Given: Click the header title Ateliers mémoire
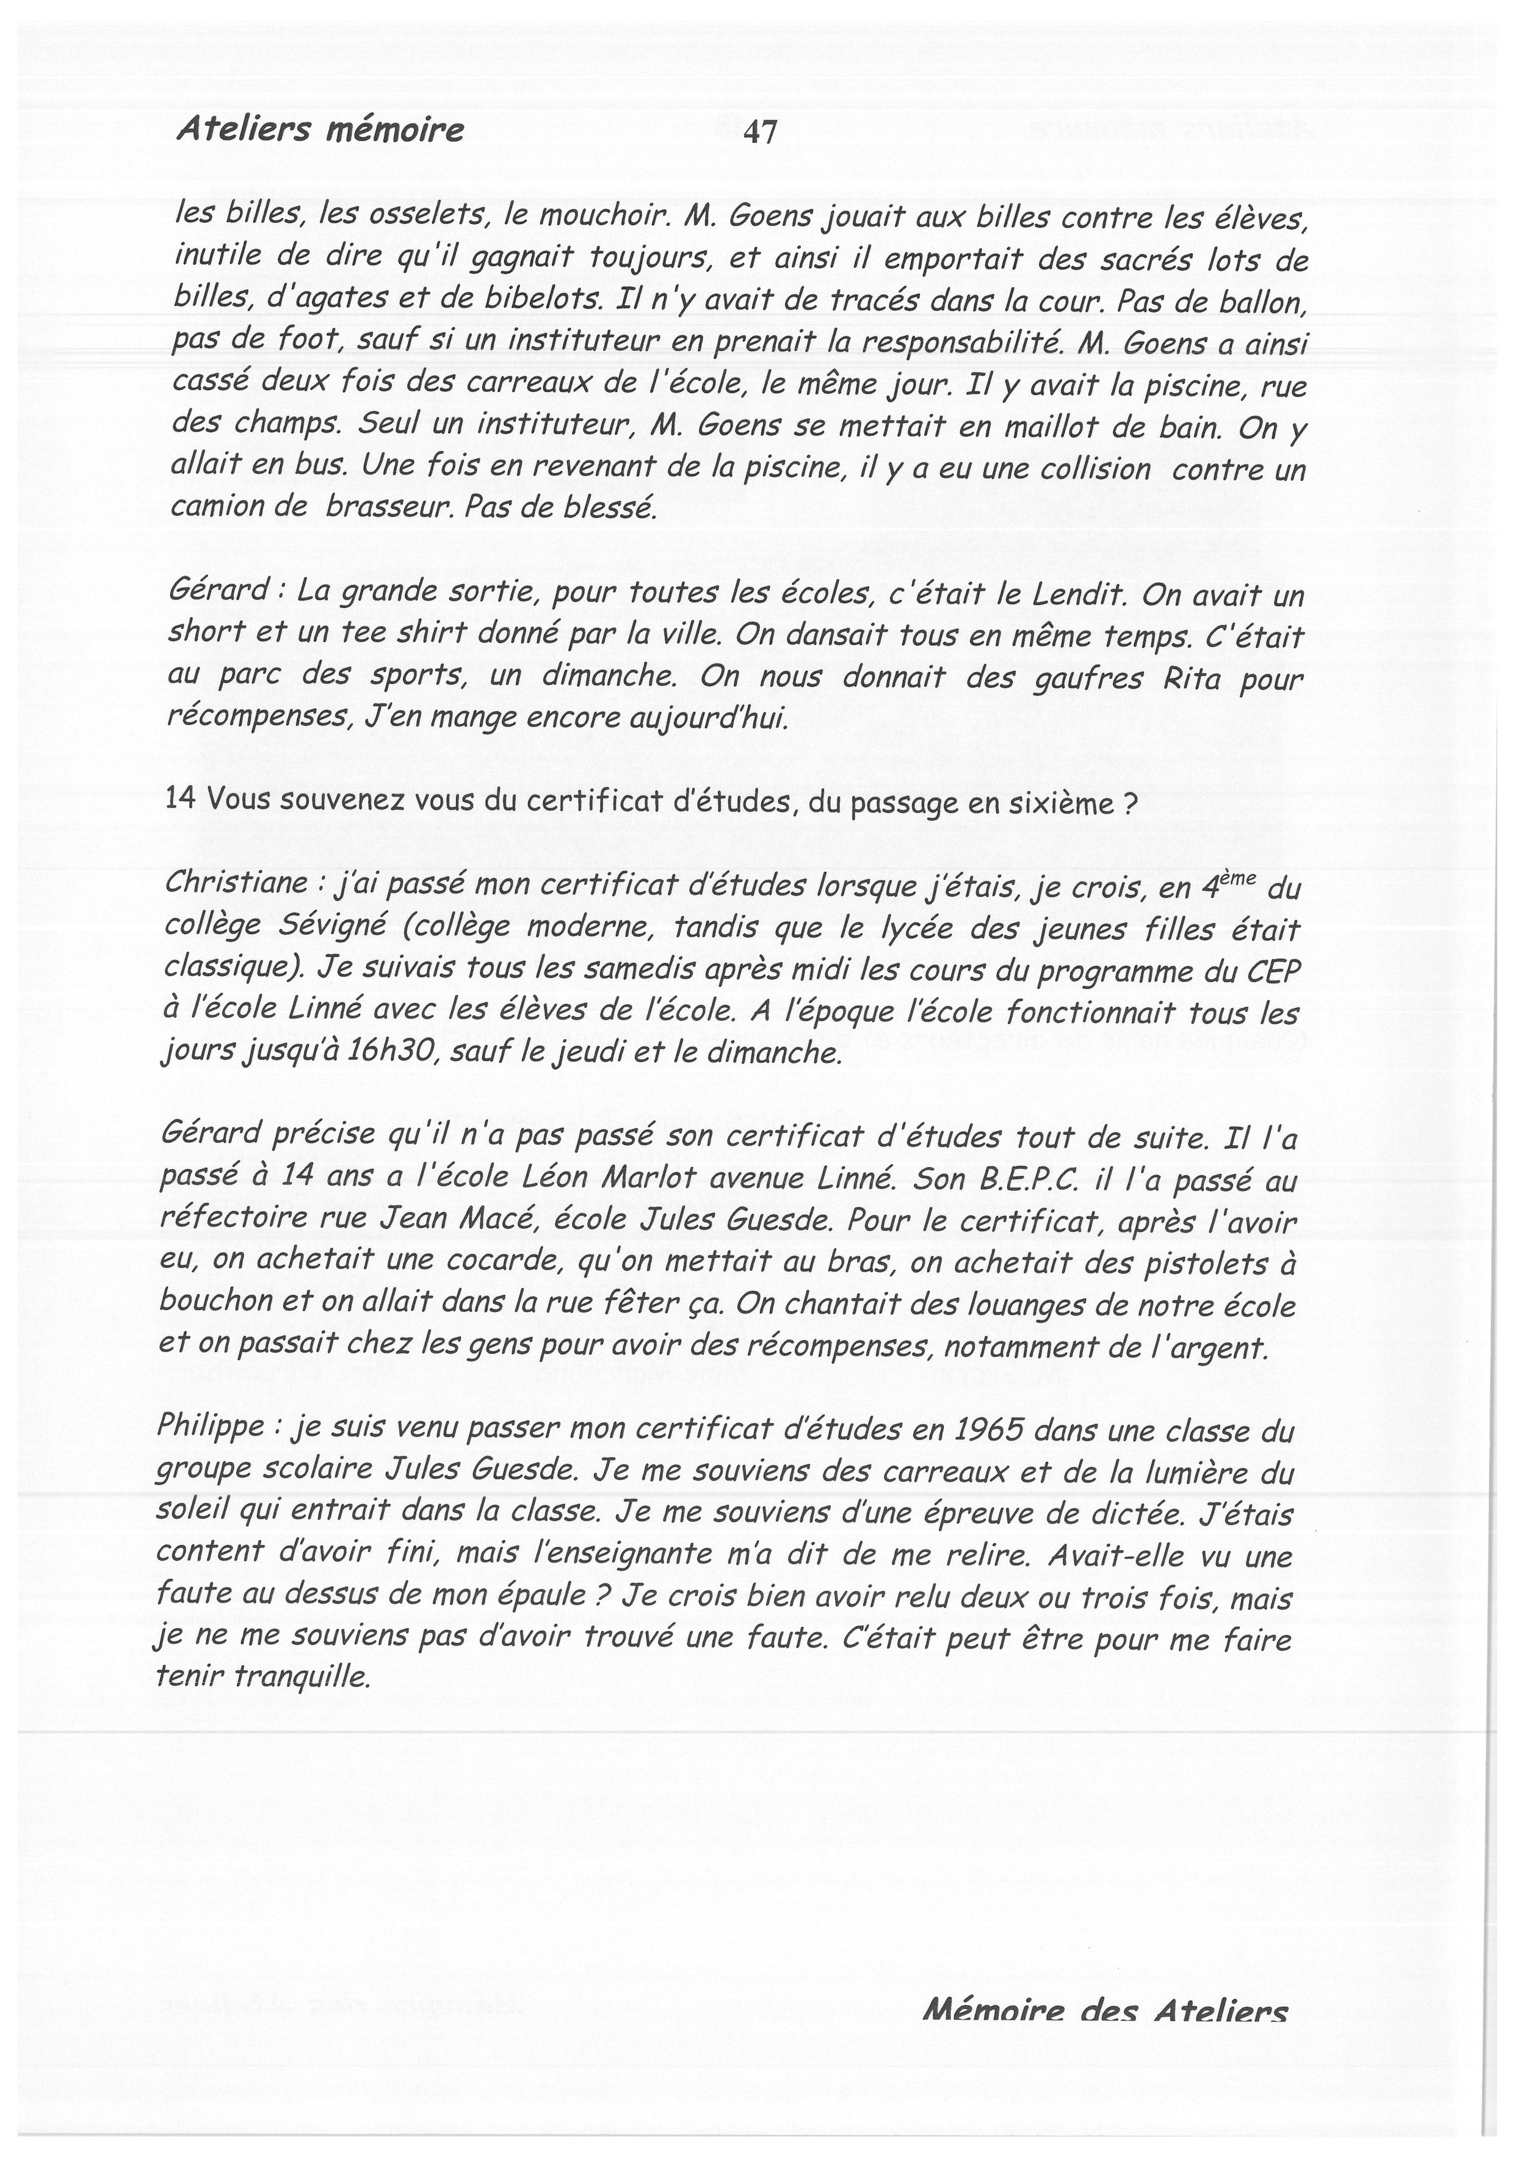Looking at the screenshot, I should point(319,129).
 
